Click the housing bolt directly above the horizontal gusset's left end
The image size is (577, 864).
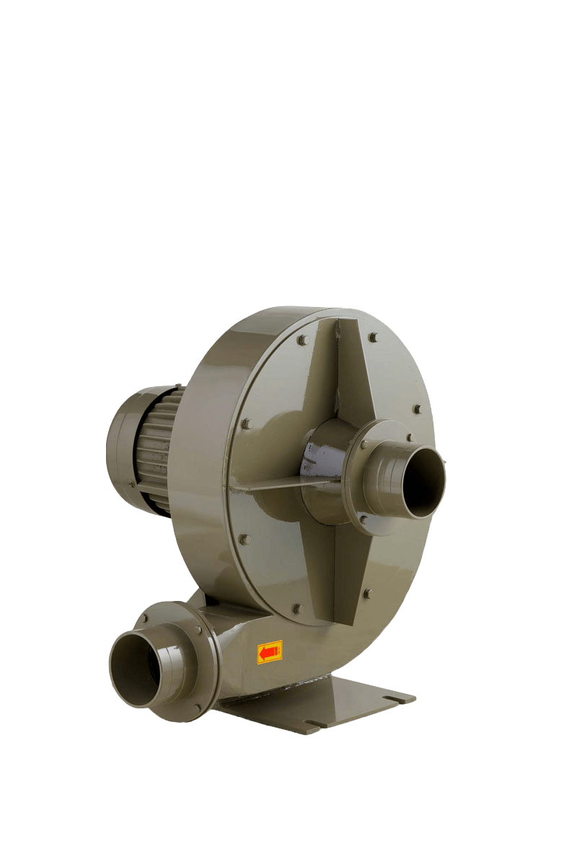(245, 424)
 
